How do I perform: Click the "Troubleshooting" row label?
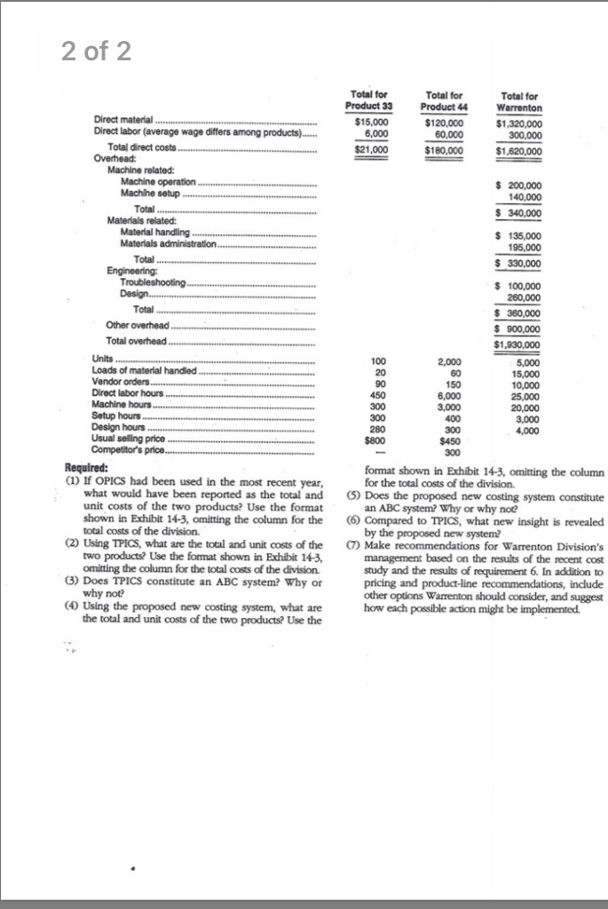pos(154,282)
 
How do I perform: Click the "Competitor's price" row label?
pos(132,450)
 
